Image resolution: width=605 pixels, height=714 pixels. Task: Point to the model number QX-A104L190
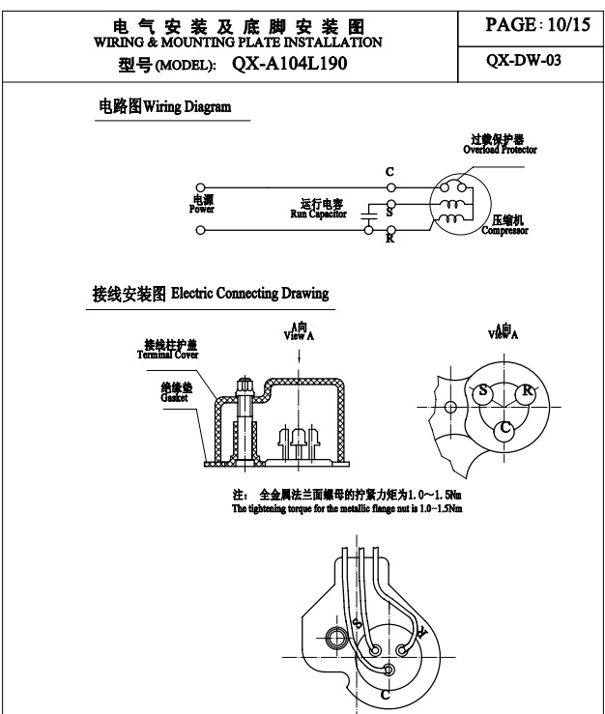click(x=289, y=65)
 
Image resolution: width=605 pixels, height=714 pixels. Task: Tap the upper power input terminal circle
click(x=200, y=186)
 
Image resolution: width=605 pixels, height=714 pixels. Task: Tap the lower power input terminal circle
click(x=200, y=231)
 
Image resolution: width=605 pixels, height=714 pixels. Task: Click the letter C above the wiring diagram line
click(x=389, y=172)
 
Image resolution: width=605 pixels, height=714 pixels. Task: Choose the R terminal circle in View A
click(x=526, y=391)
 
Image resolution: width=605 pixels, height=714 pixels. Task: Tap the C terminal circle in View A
click(x=504, y=428)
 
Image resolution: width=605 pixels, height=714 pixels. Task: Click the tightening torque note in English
click(x=347, y=508)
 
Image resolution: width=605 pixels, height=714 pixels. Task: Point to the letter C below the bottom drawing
click(x=385, y=694)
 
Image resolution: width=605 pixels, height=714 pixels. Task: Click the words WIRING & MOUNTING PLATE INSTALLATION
click(x=238, y=43)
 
